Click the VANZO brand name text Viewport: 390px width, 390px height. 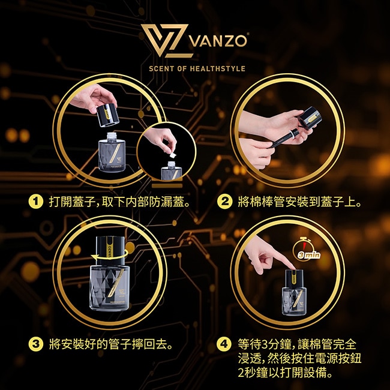click(218, 41)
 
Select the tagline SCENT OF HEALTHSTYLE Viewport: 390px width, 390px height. click(197, 68)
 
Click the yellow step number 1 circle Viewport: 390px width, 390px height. click(36, 202)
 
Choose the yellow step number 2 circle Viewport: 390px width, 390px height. click(224, 202)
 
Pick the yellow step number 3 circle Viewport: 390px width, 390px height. click(36, 344)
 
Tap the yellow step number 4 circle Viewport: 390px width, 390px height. click(224, 344)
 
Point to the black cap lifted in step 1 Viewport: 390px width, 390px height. click(107, 115)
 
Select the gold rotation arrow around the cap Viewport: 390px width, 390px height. click(110, 256)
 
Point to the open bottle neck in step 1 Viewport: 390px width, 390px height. click(112, 137)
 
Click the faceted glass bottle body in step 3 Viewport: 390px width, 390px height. click(109, 288)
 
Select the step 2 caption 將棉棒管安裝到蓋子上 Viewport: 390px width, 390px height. click(299, 202)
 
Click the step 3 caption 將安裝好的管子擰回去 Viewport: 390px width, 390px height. click(110, 344)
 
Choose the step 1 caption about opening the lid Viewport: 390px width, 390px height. click(119, 202)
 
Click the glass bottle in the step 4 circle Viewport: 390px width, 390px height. click(294, 293)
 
